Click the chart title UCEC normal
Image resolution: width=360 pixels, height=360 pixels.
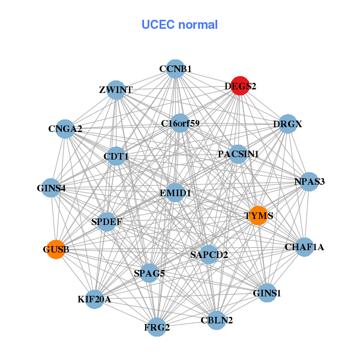tap(179, 25)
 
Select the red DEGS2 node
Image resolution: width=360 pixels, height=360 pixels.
tap(240, 86)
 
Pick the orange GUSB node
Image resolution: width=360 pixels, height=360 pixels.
tap(56, 249)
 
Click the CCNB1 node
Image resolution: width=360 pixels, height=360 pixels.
tap(175, 69)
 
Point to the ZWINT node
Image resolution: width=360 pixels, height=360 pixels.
tap(116, 90)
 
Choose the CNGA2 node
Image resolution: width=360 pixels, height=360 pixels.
tap(65, 128)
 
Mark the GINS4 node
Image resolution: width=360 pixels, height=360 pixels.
tap(51, 188)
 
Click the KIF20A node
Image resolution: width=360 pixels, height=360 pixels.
tap(95, 299)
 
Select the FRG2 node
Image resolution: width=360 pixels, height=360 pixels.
tap(157, 327)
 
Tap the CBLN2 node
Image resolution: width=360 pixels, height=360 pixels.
tap(216, 319)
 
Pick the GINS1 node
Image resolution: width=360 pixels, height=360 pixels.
tap(267, 293)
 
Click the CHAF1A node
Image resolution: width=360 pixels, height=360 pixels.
tap(304, 247)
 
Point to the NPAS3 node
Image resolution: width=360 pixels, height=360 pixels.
tap(309, 182)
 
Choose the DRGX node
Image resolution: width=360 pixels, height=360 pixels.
tap(288, 124)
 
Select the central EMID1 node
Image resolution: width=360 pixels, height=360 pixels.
tap(175, 193)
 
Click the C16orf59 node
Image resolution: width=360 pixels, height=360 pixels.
tap(180, 123)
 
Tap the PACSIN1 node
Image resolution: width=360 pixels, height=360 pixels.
tap(238, 154)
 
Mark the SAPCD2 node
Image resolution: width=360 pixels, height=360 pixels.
tap(209, 255)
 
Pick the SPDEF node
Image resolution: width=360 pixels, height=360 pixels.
tap(107, 222)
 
